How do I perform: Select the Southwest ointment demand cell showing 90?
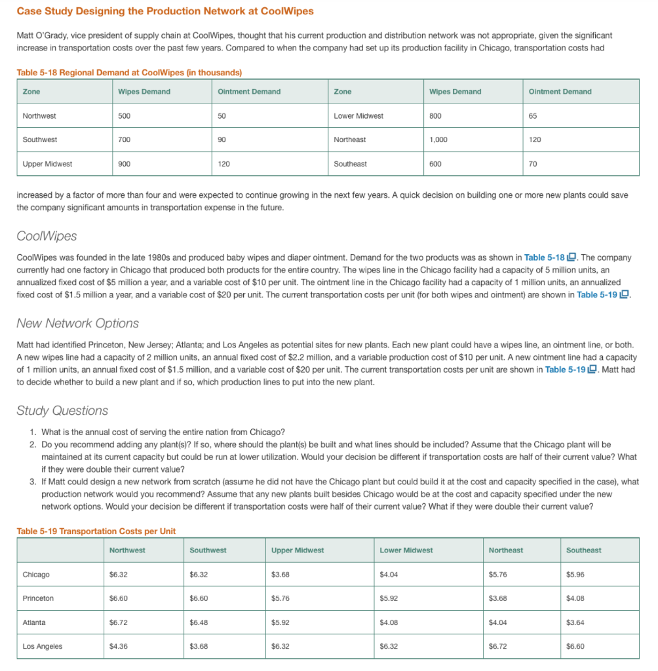(223, 140)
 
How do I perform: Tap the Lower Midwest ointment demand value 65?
(532, 116)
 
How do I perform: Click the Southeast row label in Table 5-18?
(350, 164)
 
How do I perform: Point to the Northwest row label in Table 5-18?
(39, 116)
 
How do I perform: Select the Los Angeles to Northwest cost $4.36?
(119, 646)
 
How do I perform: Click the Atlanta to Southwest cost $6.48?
(199, 623)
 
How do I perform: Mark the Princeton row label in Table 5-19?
(38, 598)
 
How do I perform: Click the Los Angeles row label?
(43, 646)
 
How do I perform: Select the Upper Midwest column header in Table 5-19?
(298, 550)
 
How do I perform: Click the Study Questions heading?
(62, 411)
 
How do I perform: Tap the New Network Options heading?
(77, 323)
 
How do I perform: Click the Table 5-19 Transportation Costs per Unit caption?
(96, 531)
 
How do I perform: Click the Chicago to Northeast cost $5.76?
(498, 575)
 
